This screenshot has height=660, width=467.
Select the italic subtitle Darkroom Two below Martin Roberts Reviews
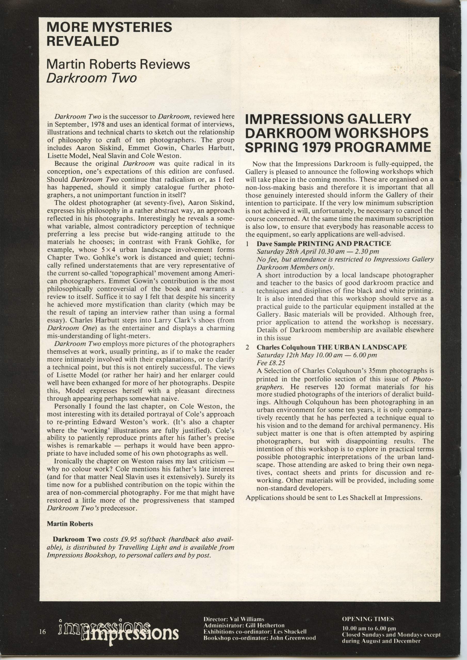click(x=92, y=78)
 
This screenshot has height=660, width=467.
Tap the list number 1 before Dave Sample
click(x=247, y=244)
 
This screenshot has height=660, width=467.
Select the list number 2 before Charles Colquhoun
click(x=247, y=347)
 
